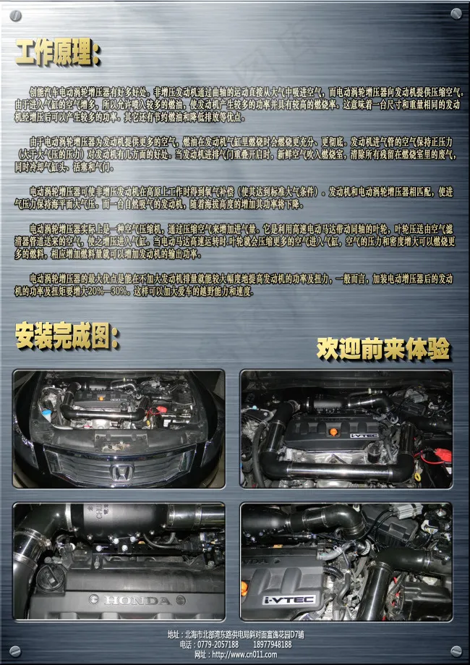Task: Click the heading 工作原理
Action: pyautogui.click(x=58, y=52)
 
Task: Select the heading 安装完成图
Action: pyautogui.click(x=67, y=335)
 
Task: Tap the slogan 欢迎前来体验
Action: pyautogui.click(x=383, y=349)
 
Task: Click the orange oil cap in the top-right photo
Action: pyautogui.click(x=333, y=432)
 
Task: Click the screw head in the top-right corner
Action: pyautogui.click(x=456, y=14)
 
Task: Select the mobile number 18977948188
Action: pyautogui.click(x=273, y=644)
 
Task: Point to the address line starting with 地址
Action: pyautogui.click(x=235, y=634)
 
